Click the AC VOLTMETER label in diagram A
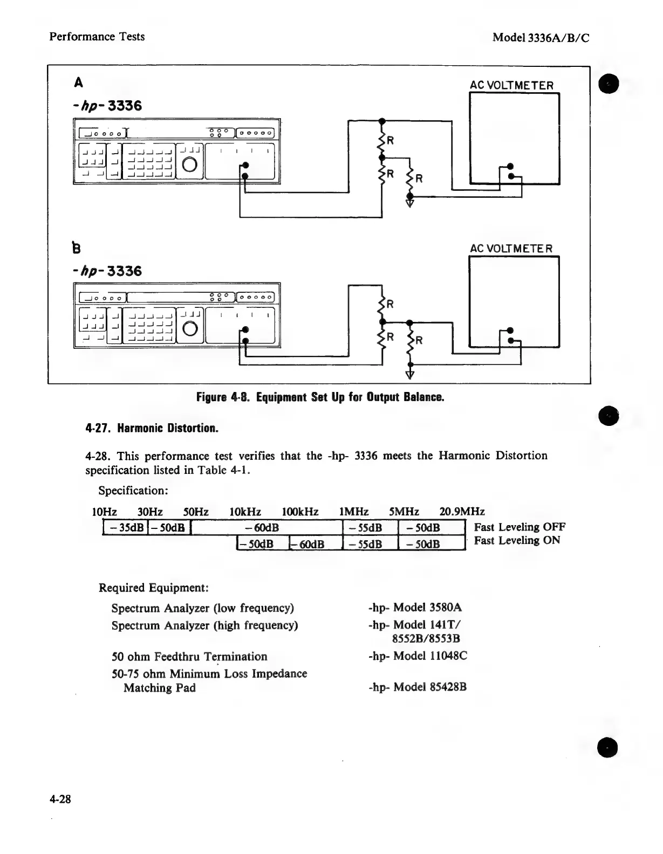511,85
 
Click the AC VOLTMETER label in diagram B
511,249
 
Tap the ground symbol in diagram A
409,203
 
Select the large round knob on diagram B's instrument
190,328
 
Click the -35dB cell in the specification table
125,528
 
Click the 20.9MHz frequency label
462,511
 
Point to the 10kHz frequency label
245,511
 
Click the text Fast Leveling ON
517,541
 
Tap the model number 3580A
446,608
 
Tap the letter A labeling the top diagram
79,82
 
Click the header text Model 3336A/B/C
541,37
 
